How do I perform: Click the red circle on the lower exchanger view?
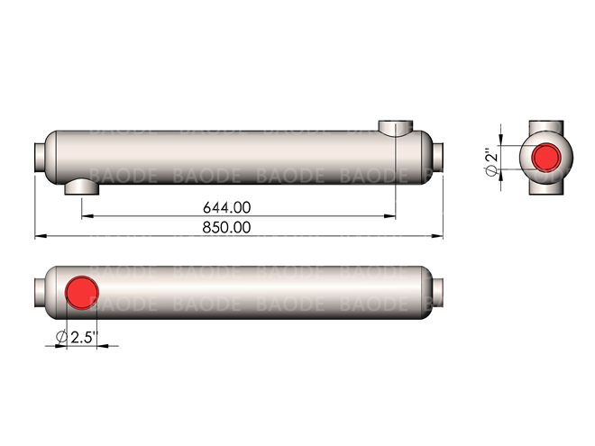tap(82, 292)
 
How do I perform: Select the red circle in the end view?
tap(547, 157)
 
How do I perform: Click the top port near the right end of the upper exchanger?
tap(395, 128)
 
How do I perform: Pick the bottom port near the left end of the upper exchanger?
tap(83, 187)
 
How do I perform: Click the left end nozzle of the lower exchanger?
tap(40, 292)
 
